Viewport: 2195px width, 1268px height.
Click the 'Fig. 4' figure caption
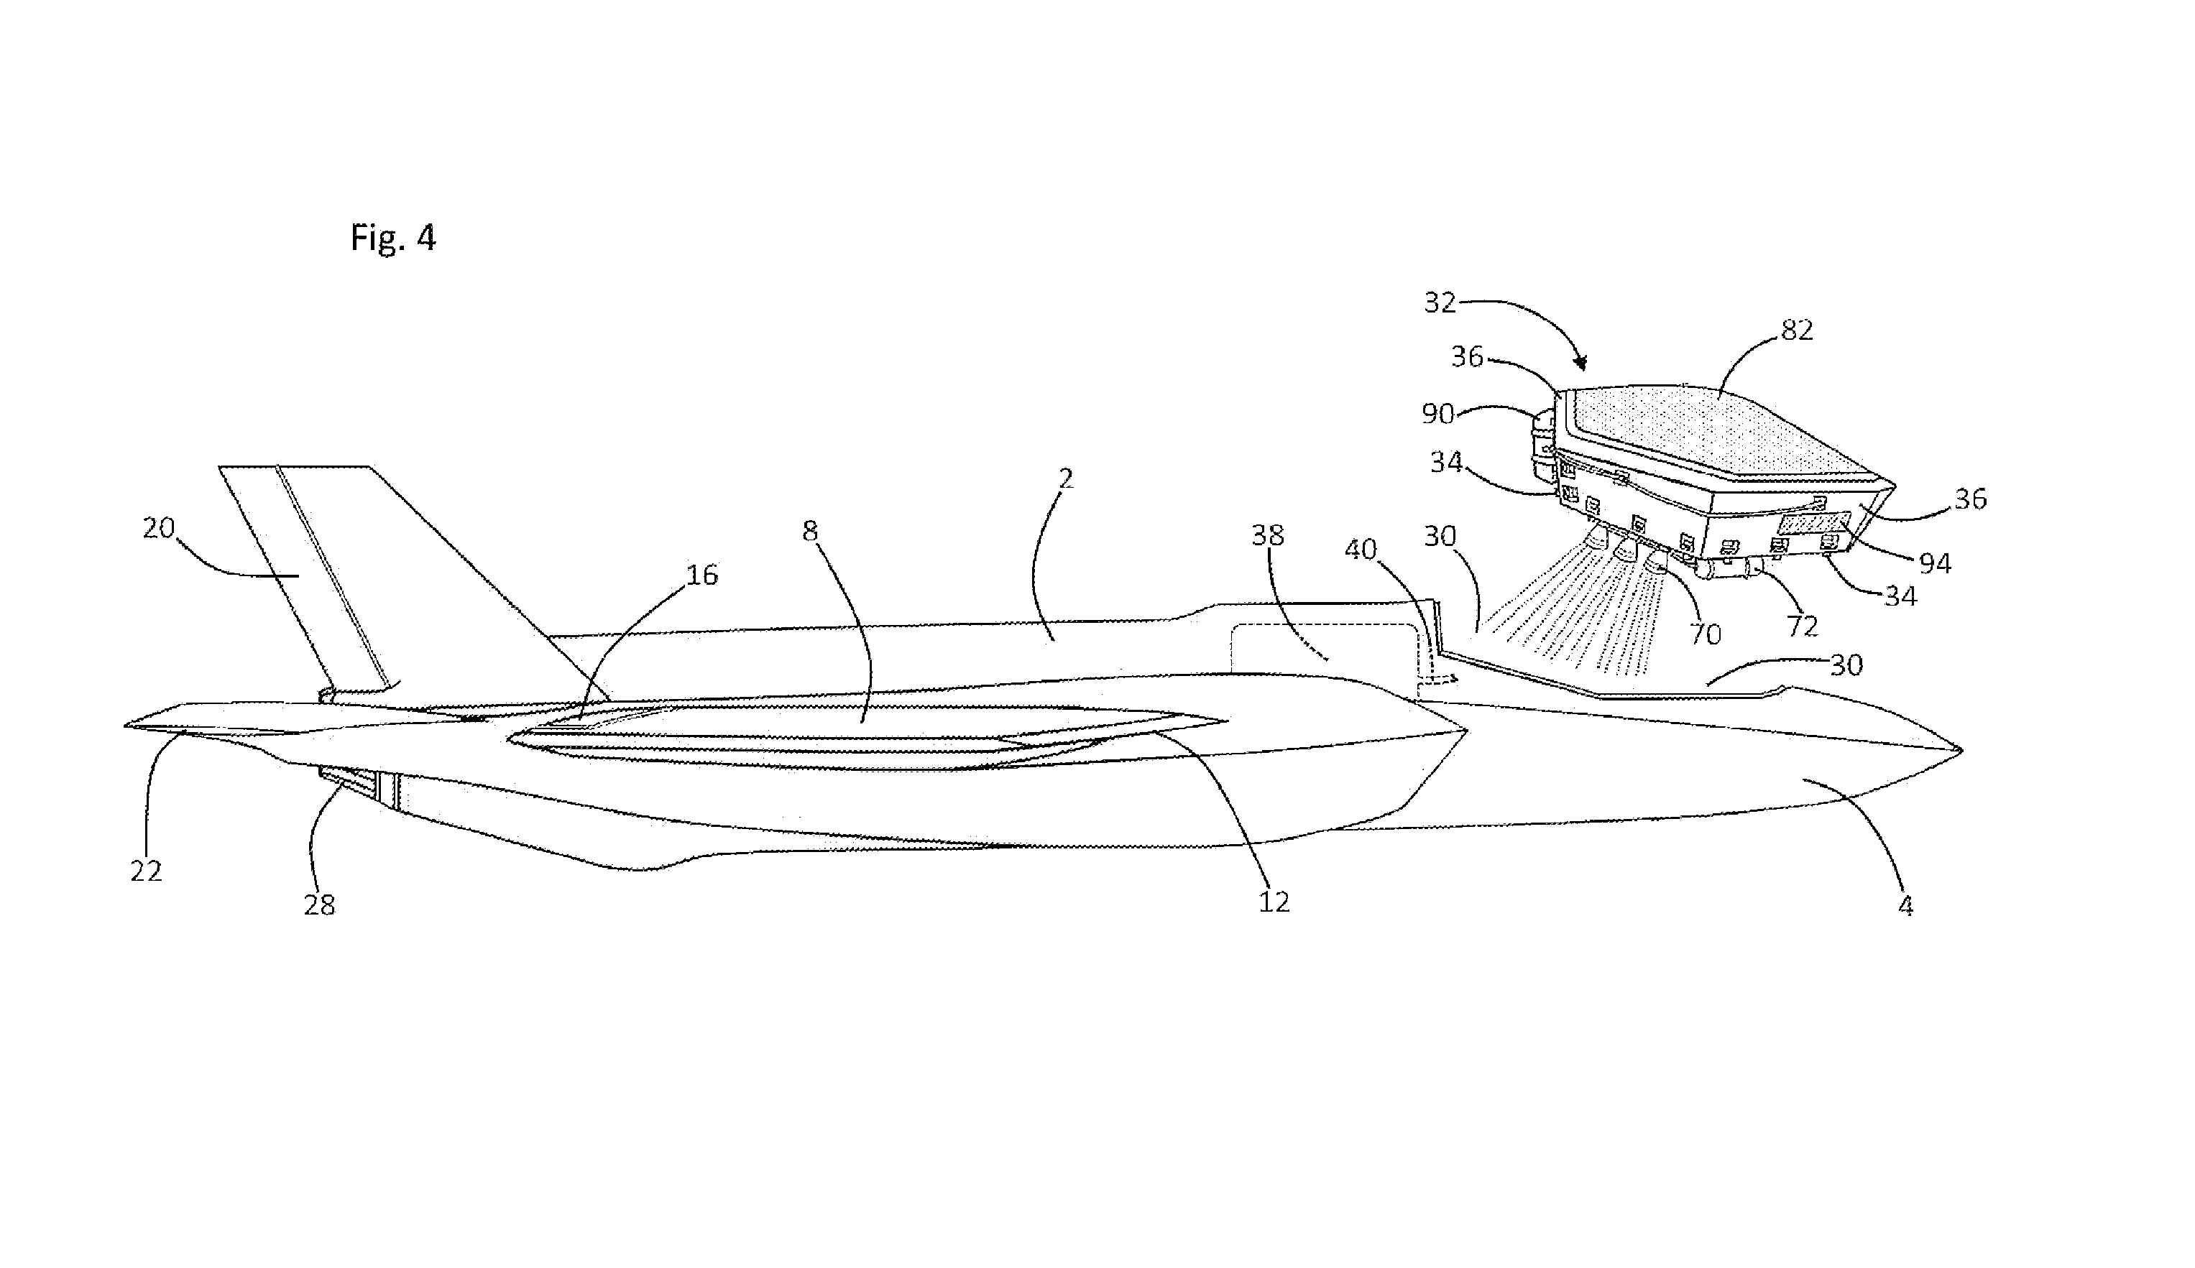pos(393,237)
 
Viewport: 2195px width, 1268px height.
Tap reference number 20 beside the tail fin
pos(159,528)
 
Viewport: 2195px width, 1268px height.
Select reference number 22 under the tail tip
pos(147,871)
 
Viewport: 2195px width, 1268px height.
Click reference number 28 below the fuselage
pos(320,906)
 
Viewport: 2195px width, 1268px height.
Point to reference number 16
pos(702,575)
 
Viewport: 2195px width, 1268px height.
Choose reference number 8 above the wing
pos(810,531)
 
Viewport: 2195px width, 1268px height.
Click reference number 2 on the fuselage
pos(1066,478)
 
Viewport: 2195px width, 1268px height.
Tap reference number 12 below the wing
pos(1274,902)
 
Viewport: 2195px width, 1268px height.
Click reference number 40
pos(1361,549)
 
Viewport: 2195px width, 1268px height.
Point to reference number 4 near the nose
pos(1906,907)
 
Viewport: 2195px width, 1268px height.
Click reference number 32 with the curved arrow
pos(1440,302)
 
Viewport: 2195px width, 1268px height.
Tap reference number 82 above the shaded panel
pos(1797,330)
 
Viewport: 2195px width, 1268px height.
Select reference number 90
pos(1438,414)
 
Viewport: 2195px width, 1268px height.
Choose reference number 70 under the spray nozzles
pos(1706,634)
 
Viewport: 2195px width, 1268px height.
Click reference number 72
pos(1802,626)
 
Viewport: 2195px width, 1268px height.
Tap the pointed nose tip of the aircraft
pos(1960,750)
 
